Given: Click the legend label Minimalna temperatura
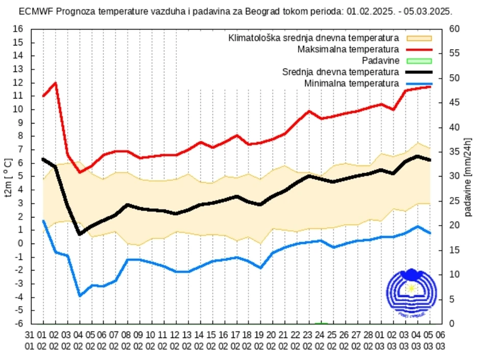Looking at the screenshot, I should pos(351,83).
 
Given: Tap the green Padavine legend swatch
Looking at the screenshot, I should pos(419,61).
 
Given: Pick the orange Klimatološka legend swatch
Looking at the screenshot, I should pos(419,38).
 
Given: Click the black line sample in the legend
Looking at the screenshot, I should pos(419,72).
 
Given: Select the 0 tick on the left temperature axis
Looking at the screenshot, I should pos(21,243).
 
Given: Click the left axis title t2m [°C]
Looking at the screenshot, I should pos(8,177).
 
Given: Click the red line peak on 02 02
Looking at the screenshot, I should pos(55,83).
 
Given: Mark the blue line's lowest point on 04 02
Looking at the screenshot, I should pos(80,295).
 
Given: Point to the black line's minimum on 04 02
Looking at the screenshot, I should pos(80,234).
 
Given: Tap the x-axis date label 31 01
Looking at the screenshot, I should pos(31,340).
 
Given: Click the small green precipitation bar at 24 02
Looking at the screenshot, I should pos(321,323).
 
